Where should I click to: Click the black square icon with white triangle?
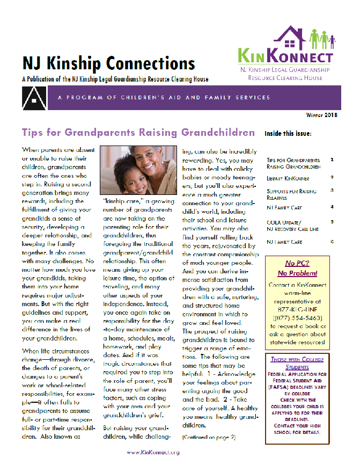[x=30, y=97]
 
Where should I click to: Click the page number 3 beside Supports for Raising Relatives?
[x=332, y=190]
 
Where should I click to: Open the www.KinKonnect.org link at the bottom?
[x=152, y=452]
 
